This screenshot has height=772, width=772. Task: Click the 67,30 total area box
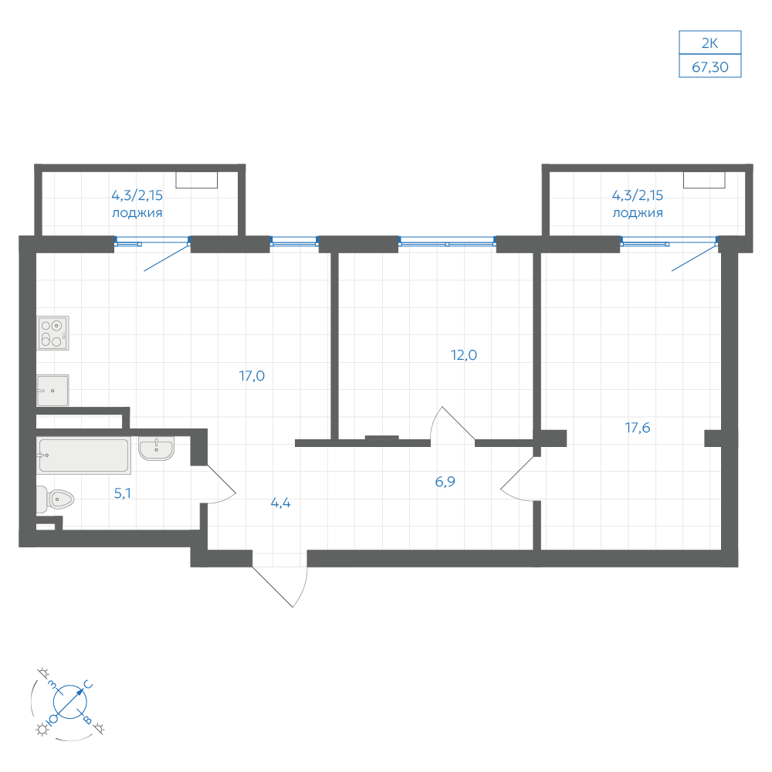tap(709, 66)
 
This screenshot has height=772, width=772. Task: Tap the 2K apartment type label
tap(709, 43)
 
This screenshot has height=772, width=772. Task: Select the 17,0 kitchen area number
tap(252, 376)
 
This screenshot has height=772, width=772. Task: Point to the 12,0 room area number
tap(464, 355)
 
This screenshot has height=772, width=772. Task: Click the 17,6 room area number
tap(638, 428)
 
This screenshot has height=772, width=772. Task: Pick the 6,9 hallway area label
tap(445, 482)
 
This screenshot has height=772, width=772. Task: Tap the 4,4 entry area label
tap(281, 503)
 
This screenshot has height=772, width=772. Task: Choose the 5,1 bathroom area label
tap(123, 493)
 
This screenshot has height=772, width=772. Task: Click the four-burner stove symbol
tap(52, 333)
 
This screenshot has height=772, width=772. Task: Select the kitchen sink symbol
tap(52, 391)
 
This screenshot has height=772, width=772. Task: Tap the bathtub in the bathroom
tap(83, 455)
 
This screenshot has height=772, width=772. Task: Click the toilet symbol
tap(55, 499)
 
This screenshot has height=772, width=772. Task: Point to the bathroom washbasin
tap(157, 448)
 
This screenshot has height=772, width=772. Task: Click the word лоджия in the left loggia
tap(137, 213)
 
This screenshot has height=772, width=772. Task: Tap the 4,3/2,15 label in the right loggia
tap(638, 195)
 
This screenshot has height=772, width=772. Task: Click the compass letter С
tap(89, 685)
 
